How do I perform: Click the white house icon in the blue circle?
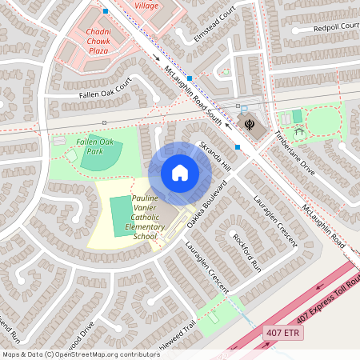tap(179, 173)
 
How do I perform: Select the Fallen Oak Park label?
tap(95, 146)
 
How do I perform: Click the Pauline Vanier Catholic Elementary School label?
tap(145, 217)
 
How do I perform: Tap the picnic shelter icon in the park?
tap(299, 130)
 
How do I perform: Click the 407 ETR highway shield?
tap(283, 332)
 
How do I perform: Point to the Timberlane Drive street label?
tap(296, 153)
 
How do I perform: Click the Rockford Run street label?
tap(246, 252)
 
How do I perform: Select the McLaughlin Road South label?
tap(191, 94)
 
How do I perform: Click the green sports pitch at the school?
tap(119, 215)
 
